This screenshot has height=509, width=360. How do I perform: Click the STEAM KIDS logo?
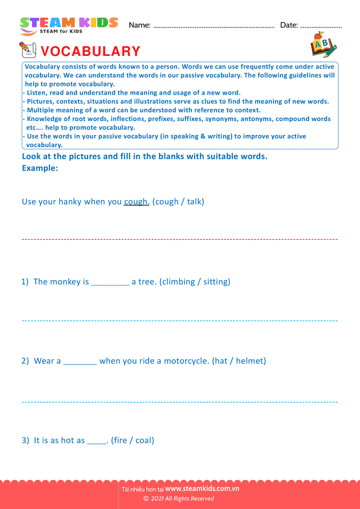coord(69,25)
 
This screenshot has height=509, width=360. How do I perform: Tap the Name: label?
coord(140,25)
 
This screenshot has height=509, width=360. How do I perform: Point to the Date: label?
coord(289,25)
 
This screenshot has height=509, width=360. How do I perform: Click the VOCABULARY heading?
coord(90,51)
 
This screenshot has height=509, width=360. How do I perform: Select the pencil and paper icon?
coord(27,50)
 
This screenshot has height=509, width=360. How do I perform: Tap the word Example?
coord(40,168)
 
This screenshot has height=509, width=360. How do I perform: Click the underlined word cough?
coord(136,202)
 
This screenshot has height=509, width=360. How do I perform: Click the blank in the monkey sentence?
coord(110,282)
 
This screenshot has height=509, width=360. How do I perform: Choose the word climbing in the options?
coord(179,281)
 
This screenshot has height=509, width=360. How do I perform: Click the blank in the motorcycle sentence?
coord(80,361)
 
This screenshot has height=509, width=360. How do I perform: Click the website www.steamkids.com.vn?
coord(202,489)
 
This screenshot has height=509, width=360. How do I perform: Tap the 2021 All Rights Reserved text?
coord(182,498)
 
